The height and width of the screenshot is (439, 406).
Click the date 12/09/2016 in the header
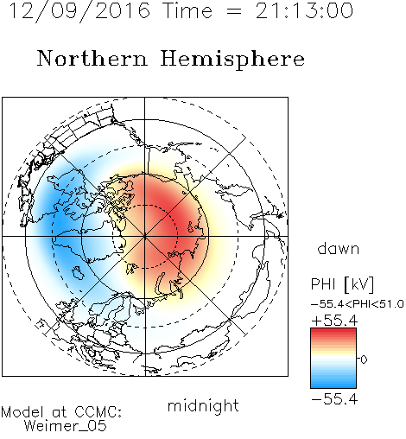(79, 11)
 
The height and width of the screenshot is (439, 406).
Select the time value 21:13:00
(304, 10)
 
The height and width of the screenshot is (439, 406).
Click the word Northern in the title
(92, 58)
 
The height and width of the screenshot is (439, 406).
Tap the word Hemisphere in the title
(232, 60)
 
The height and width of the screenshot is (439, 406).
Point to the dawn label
(339, 248)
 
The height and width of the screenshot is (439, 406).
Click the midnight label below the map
(203, 406)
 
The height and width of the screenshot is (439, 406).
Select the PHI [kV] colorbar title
(342, 284)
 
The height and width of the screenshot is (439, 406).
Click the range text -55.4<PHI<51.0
(358, 304)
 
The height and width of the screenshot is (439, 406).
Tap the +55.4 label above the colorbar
(334, 321)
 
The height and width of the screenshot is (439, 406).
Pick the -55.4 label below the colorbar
(334, 399)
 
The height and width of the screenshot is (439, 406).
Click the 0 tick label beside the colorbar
(364, 359)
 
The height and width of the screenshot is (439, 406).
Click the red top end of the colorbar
(333, 331)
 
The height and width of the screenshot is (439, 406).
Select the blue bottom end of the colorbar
(333, 385)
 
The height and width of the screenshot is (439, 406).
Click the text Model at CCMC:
(61, 412)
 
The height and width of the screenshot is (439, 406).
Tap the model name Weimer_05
(66, 426)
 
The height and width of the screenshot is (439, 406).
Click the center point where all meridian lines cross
(145, 236)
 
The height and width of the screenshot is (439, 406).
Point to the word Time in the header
(187, 11)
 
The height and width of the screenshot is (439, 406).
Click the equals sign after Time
(234, 11)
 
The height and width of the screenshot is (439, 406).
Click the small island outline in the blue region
(78, 273)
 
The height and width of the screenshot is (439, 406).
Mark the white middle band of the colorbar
(333, 359)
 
